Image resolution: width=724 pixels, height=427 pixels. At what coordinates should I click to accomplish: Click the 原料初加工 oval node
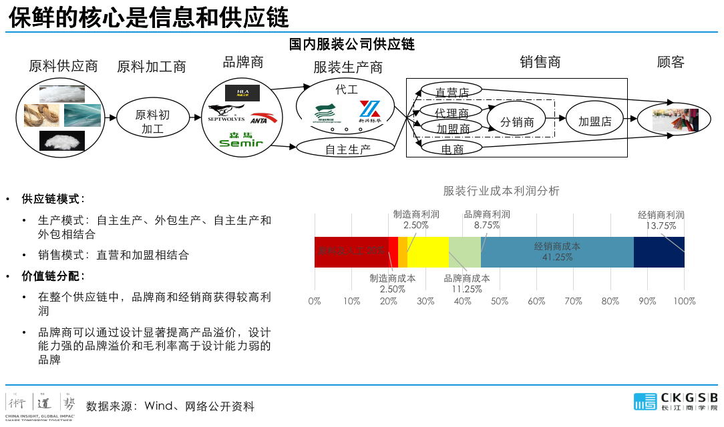point(152,121)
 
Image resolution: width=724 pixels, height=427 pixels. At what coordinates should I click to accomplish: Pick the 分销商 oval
point(517,121)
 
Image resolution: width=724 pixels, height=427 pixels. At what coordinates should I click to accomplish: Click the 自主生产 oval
point(347,149)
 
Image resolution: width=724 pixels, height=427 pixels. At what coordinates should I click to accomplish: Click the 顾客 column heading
point(671,62)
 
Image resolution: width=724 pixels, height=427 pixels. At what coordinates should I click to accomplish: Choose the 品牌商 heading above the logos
point(243,62)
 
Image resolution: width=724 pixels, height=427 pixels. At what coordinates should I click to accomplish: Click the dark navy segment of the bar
point(659,252)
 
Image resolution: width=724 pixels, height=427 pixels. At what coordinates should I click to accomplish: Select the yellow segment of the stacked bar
point(427,252)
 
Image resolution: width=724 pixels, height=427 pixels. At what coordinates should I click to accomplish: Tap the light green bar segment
point(464,252)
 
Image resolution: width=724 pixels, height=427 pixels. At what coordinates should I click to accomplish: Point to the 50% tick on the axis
point(499,301)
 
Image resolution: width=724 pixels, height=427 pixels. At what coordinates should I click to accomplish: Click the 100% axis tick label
point(684,301)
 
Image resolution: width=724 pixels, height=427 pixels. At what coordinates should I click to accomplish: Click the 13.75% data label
point(661,226)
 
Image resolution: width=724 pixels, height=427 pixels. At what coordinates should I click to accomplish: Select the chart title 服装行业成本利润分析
point(501,191)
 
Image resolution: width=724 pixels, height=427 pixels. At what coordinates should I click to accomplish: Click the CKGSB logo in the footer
point(675,401)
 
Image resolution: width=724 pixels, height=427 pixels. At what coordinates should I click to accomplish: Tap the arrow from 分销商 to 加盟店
point(555,121)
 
